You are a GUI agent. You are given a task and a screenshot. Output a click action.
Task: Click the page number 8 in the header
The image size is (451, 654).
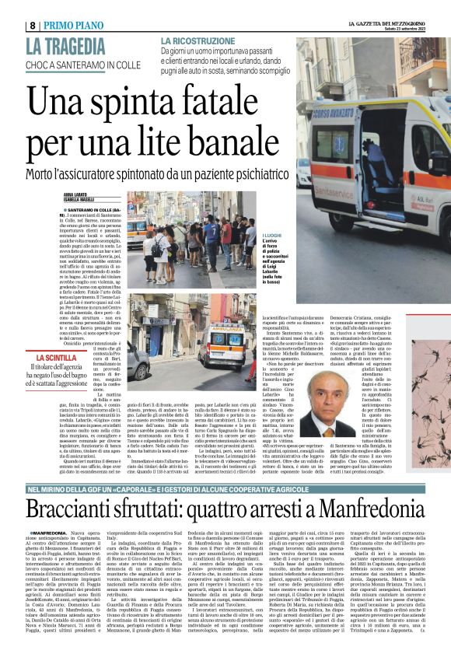pyautogui.click(x=10, y=6)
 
